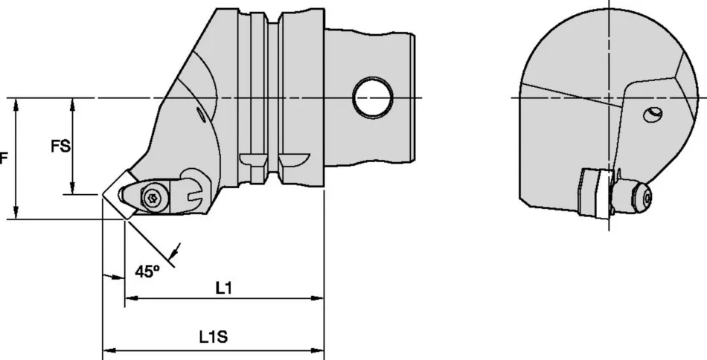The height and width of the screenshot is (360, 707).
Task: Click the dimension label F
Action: click(4, 158)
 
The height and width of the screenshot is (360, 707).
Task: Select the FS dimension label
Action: click(60, 147)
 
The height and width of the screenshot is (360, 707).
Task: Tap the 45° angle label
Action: click(147, 272)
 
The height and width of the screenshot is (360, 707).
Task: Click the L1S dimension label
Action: click(213, 336)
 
